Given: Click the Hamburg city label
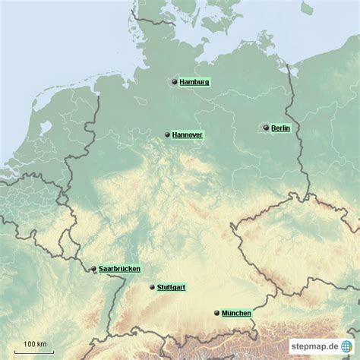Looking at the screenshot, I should pos(195,82).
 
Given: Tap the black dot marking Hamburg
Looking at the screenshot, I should pos(175,82).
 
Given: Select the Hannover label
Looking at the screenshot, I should pos(187,134).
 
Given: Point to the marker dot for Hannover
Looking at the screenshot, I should pos(166,134).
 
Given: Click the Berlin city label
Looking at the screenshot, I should pos(280,128).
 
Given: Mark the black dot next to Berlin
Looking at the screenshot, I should pos(266,128).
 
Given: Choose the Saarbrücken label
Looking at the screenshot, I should pos(119,269).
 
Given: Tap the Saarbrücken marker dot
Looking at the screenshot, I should pos(93,269).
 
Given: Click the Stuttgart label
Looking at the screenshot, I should pos(171,287).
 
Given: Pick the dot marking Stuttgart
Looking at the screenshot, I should pos(152,287).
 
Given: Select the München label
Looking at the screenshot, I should pos(236,313).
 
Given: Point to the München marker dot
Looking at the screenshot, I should pos(217,313).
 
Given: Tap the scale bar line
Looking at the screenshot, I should pos(35,351).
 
